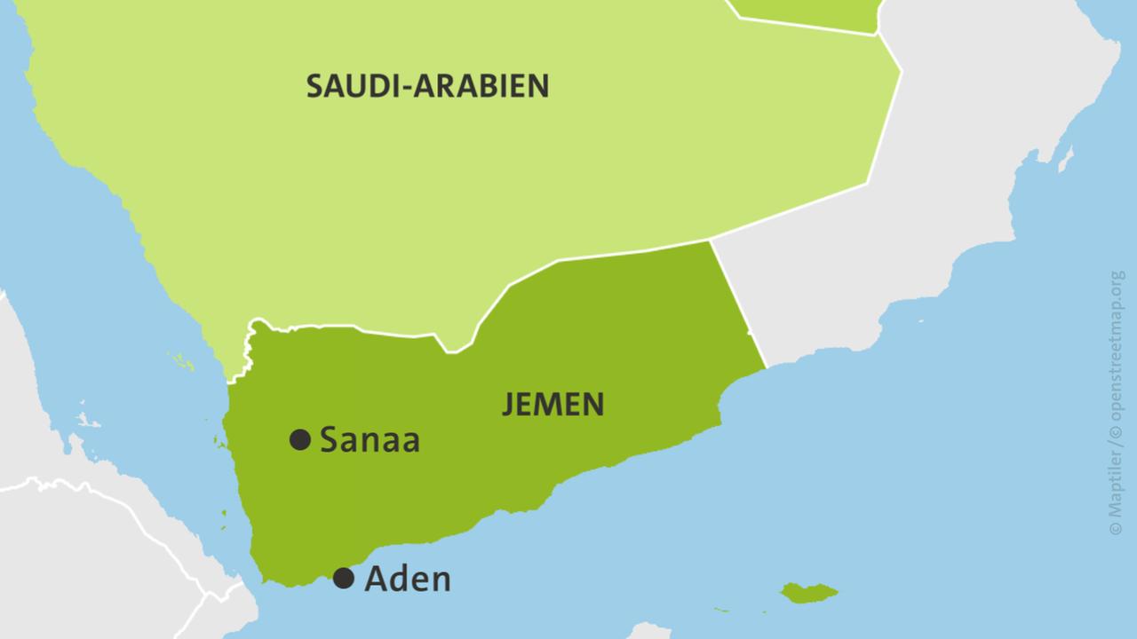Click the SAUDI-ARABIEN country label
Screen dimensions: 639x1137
(x=427, y=86)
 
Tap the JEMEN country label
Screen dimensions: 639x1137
(x=553, y=405)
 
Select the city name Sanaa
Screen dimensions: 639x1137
(x=370, y=439)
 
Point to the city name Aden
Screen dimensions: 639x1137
(x=408, y=580)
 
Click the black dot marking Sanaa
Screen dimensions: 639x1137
(x=300, y=438)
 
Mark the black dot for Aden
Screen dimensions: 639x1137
(x=344, y=579)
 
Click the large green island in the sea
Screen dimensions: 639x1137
(x=808, y=593)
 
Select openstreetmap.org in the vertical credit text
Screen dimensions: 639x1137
(x=1117, y=355)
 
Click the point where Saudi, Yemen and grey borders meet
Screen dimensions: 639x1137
(x=711, y=241)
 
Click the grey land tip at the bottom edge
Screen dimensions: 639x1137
(x=648, y=632)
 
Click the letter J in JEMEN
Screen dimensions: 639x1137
(x=508, y=405)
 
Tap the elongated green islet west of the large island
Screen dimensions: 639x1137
(x=730, y=610)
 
